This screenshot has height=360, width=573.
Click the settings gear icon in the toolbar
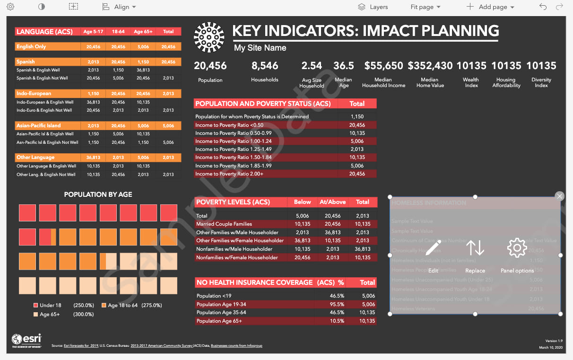point(10,7)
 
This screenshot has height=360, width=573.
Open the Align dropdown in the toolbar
point(120,7)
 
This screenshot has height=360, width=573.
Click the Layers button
point(373,7)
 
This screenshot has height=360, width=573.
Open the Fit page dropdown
point(425,7)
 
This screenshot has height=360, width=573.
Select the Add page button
point(490,7)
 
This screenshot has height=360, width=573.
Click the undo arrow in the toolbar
point(543,7)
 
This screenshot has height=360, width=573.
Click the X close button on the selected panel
point(560,196)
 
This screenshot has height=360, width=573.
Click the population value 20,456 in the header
point(210,66)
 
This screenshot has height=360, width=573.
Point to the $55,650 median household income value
point(383,66)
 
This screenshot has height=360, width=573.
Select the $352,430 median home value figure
point(430,66)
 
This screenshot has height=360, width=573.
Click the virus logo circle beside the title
point(209,37)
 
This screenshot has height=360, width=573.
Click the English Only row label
point(31,47)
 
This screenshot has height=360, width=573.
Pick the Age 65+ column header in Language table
point(143,32)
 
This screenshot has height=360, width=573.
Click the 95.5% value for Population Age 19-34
point(337,304)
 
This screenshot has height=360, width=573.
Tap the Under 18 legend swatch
point(35,305)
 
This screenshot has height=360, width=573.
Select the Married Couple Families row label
point(224,224)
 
